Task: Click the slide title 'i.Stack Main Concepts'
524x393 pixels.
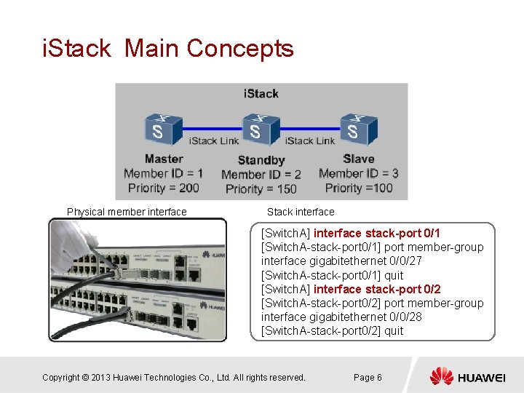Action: (x=168, y=49)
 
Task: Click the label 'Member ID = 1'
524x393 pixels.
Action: (x=163, y=174)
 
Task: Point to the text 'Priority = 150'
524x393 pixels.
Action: (x=261, y=189)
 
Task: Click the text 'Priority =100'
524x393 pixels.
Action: (x=359, y=188)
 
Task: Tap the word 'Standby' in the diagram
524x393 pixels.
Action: (x=261, y=160)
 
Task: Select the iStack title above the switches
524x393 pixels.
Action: (x=261, y=94)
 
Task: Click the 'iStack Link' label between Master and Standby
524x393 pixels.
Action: (x=214, y=140)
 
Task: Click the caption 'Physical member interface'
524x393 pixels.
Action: (x=127, y=212)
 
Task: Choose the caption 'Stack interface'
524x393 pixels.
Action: (x=301, y=212)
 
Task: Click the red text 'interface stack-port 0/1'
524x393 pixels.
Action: (x=377, y=233)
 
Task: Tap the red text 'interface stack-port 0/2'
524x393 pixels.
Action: (x=377, y=289)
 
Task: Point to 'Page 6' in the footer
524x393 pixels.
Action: (x=368, y=377)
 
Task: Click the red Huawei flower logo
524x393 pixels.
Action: (x=441, y=376)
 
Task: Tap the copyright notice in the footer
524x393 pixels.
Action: (x=173, y=377)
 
